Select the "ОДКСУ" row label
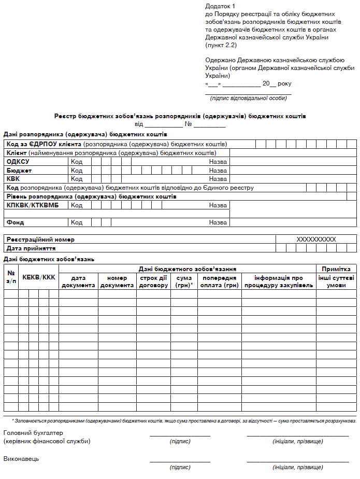pos(18,162)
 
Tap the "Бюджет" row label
pos(19,171)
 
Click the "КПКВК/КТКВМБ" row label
pos(33,205)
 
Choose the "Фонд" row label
pos(15,222)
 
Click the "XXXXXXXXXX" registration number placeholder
pos(316,239)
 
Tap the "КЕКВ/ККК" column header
pos(39,278)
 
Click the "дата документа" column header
pos(78,281)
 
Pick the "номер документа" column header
pos(117,281)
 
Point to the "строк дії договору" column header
pos(153,281)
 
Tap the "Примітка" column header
pos(336,269)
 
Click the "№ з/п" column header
pos(11,277)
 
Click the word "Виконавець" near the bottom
pos(21,459)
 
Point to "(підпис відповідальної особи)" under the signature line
pos(248,97)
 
